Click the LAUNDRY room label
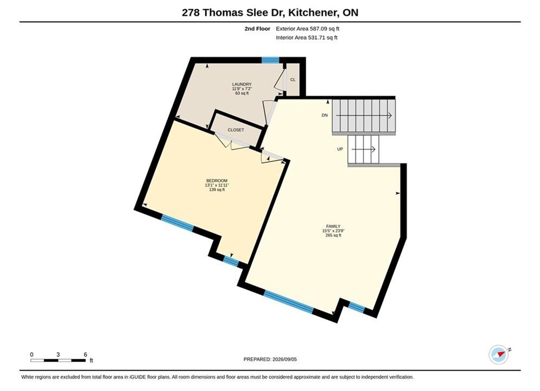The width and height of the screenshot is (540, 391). (x=242, y=84)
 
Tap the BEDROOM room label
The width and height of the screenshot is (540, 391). (x=217, y=181)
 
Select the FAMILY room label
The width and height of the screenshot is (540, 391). (x=333, y=226)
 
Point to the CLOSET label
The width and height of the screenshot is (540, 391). (x=236, y=130)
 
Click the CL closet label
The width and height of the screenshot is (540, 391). (x=293, y=80)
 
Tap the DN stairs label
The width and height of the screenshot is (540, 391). (x=325, y=116)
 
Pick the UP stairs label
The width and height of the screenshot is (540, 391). (x=340, y=149)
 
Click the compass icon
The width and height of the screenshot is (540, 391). (x=499, y=355)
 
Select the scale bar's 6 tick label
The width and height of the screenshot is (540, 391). (x=85, y=355)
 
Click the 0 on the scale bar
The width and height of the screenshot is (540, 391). (x=31, y=355)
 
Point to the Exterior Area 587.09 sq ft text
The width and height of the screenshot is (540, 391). (x=308, y=29)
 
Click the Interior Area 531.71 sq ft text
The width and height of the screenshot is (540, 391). (x=307, y=37)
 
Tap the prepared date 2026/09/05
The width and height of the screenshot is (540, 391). (x=284, y=360)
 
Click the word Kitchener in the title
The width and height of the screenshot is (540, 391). (x=313, y=12)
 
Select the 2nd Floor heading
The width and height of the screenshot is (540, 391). (x=257, y=29)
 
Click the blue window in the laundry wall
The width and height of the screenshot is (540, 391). (x=270, y=60)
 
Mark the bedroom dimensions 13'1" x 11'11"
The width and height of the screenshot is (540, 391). (x=217, y=185)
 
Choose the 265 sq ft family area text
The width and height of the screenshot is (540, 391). (x=333, y=236)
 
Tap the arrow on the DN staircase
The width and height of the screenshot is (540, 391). (x=364, y=116)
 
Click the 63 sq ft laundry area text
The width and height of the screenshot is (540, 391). (x=242, y=93)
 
